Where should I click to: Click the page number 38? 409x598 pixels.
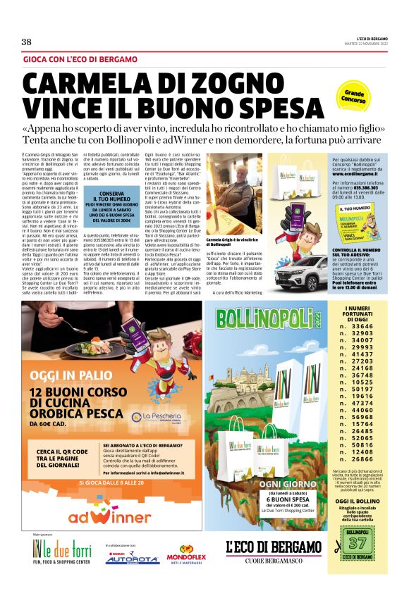[27, 42]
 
